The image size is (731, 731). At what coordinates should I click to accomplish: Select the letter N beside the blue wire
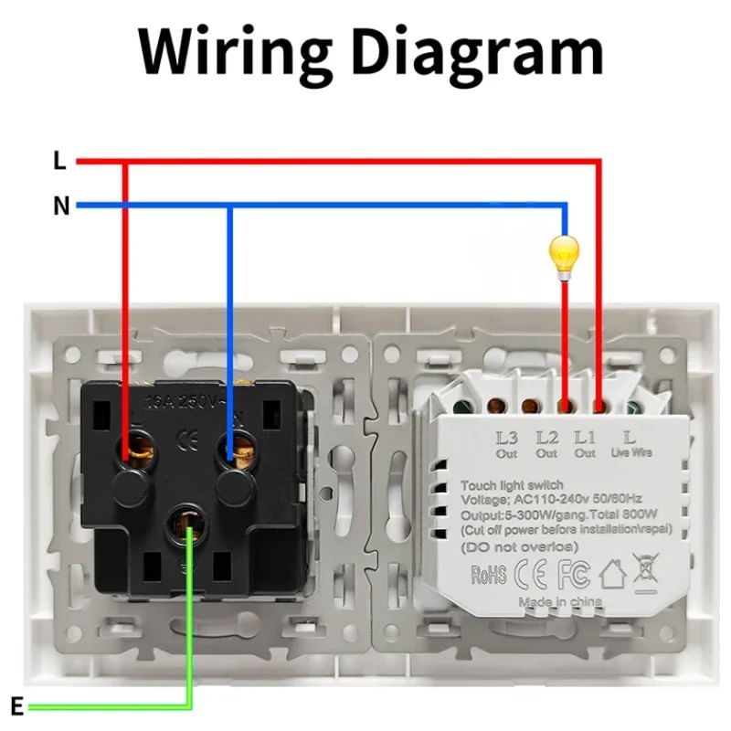click(x=61, y=207)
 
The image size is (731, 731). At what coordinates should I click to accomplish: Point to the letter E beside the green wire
click(x=16, y=705)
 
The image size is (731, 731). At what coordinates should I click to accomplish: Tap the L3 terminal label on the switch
click(x=507, y=438)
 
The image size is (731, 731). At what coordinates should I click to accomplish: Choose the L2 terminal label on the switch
click(x=546, y=438)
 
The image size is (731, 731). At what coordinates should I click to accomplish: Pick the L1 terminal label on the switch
click(x=586, y=438)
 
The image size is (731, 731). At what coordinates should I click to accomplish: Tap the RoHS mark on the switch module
click(x=489, y=575)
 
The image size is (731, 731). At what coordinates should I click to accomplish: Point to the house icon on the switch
click(x=609, y=573)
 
